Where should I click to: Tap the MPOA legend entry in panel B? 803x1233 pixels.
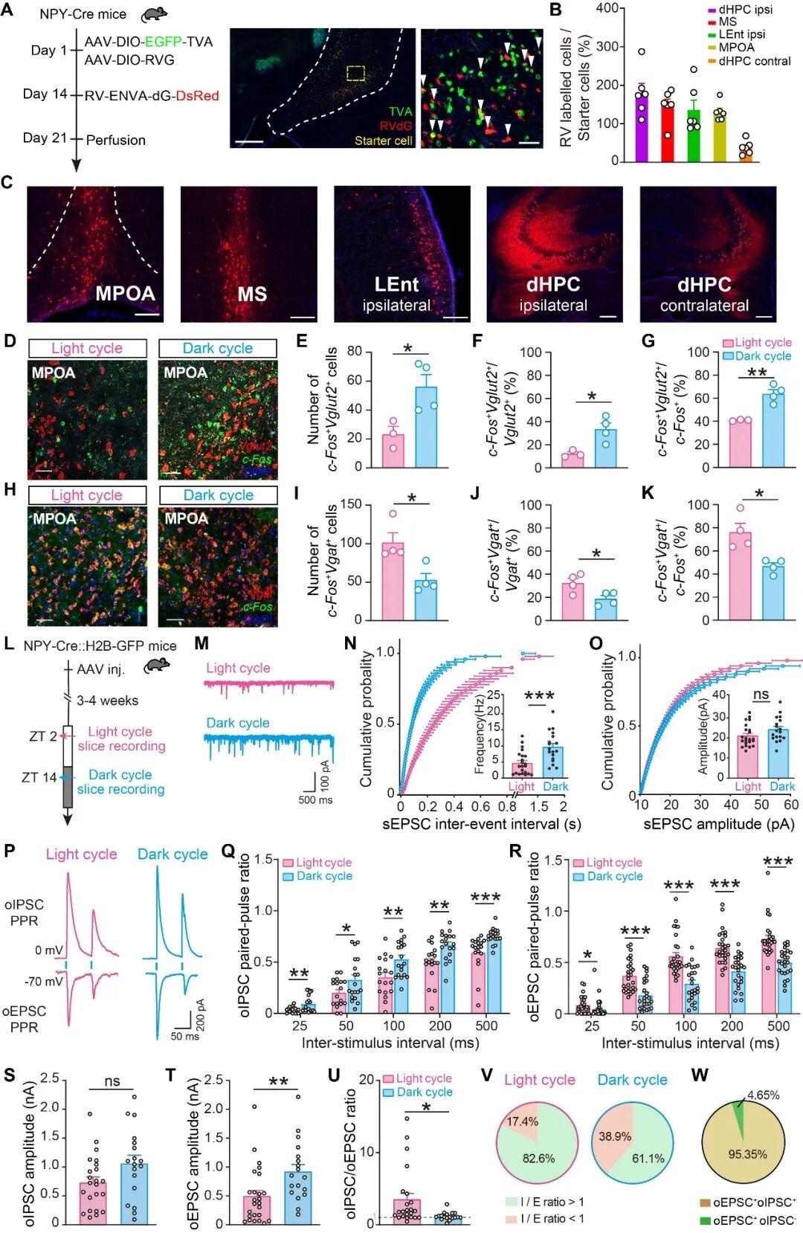pos(736,48)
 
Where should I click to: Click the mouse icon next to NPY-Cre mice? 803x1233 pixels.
pos(154,14)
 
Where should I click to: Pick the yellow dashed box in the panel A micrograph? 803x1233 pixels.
pos(356,73)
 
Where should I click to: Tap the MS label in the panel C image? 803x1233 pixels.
pos(252,294)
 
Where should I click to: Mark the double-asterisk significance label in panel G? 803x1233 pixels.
pos(757,373)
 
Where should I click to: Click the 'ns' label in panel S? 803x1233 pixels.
pos(112,1081)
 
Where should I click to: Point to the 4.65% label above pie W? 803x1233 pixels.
pos(763,1095)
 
